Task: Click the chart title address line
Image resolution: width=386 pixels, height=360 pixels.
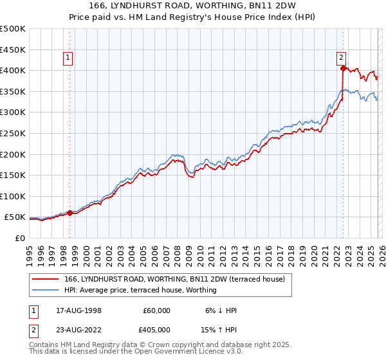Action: click(x=193, y=6)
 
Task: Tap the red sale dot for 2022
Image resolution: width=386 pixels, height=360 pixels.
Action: click(x=343, y=67)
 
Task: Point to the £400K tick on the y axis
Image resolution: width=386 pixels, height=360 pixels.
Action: click(x=13, y=70)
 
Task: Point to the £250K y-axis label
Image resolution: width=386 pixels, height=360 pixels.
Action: click(x=13, y=133)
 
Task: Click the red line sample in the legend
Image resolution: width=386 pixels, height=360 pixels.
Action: click(x=46, y=279)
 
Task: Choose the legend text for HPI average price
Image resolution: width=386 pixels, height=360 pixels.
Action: click(x=140, y=290)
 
